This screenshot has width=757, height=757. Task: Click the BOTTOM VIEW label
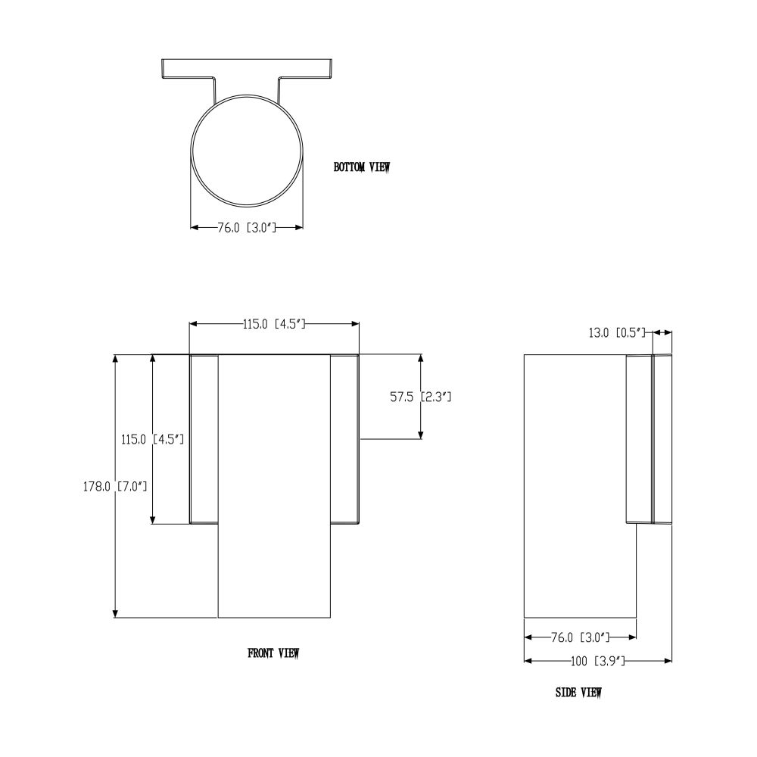coord(362,167)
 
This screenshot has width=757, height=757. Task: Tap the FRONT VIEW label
coord(273,653)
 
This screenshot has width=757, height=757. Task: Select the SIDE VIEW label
coord(578,693)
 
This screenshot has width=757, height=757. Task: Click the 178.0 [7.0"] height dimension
coord(115,486)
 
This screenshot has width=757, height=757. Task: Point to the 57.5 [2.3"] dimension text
coord(420,397)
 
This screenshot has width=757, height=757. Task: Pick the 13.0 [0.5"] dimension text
coord(617,332)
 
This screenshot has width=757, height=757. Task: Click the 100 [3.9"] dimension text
coord(598,661)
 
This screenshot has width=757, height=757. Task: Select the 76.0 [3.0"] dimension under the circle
coord(247,227)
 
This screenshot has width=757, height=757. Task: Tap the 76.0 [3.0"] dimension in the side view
coord(581,637)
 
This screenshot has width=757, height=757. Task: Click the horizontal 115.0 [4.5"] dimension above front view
coord(274,324)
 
